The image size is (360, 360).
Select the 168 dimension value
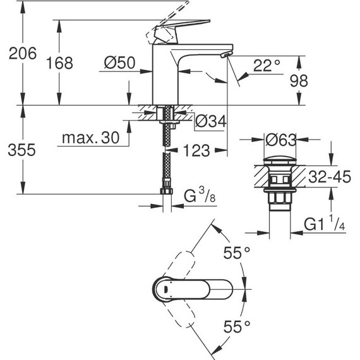[x=60, y=63]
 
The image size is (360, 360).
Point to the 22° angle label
[x=267, y=66]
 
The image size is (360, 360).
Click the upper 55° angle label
[x=237, y=254]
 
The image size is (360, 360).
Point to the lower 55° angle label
[x=237, y=327]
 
